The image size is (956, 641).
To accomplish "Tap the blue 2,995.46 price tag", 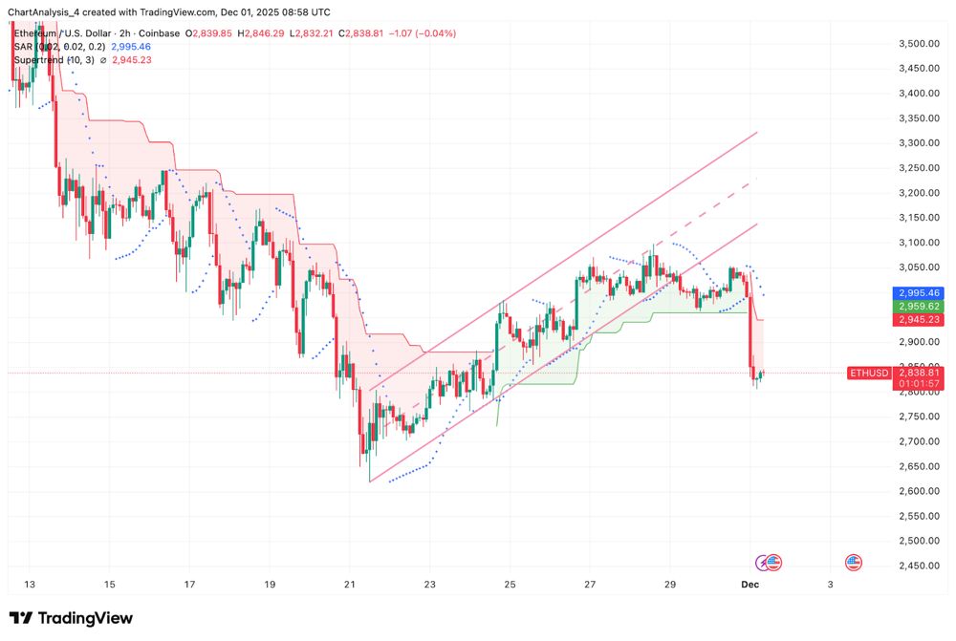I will click(x=917, y=293).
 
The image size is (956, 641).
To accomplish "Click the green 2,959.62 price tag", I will click(x=917, y=307).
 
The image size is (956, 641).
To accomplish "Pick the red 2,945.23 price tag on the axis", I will click(x=917, y=320).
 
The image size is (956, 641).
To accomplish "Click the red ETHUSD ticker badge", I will click(x=868, y=373).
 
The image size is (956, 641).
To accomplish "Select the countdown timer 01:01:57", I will click(x=917, y=384).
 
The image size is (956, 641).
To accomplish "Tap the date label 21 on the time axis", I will click(x=350, y=585).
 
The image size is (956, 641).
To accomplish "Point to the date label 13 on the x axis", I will click(x=29, y=585).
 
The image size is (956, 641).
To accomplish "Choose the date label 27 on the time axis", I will click(x=590, y=585).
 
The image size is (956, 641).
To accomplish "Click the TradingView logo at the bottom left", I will click(x=71, y=618).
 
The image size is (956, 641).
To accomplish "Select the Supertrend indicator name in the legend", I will click(x=39, y=60).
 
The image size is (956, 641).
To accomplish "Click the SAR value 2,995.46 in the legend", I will click(x=131, y=46).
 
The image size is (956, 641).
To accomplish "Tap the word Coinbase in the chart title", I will click(x=159, y=33).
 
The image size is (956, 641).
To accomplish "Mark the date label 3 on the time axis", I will click(x=830, y=585).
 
